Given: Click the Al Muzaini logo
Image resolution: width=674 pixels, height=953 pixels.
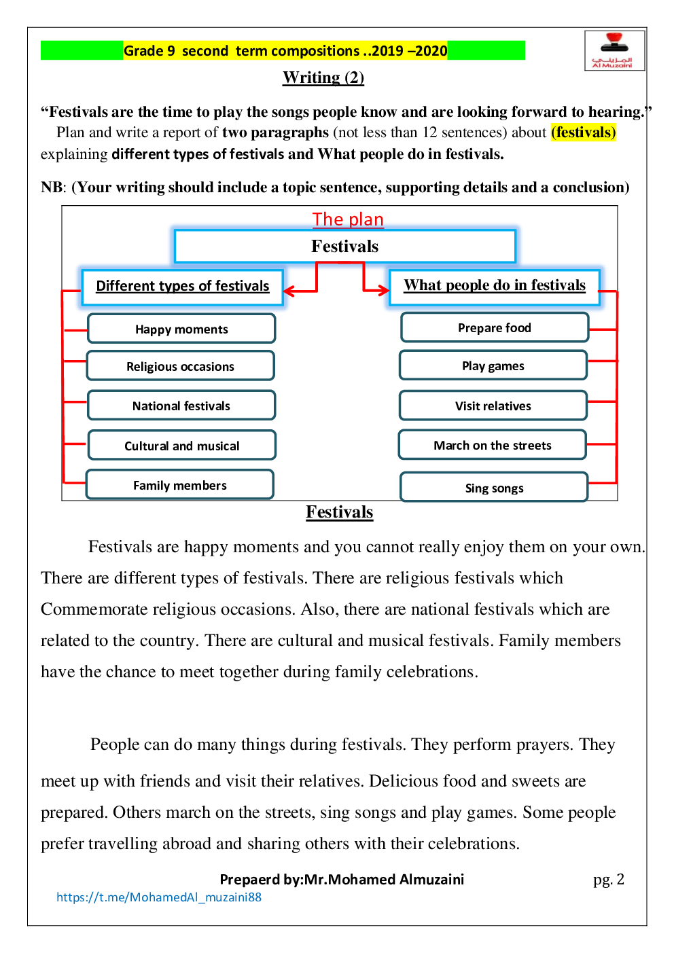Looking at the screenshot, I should coord(614,50).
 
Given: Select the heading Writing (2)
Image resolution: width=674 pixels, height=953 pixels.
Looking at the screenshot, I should coord(323,77).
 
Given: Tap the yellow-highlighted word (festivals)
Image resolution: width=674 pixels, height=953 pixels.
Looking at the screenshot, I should coord(584,132).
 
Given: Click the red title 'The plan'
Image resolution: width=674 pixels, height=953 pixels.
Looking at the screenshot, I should coord(348,219).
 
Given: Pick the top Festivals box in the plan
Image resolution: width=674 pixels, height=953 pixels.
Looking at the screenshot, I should coord(345,246).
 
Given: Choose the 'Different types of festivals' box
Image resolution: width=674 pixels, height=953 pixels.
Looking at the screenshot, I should coord(182,286).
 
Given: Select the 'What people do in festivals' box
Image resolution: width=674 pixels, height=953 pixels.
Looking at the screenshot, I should coord(494,285).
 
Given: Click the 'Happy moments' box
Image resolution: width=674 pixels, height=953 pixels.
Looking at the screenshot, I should coord(181,329).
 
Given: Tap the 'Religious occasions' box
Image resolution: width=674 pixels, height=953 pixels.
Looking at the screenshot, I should coord(180,366).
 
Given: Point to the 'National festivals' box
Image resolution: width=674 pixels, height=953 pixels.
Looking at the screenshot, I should coord(181,406).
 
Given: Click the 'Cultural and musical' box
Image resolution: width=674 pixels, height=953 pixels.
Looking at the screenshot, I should coord(181,446).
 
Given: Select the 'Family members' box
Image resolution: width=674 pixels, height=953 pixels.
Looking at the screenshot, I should coord(180,485).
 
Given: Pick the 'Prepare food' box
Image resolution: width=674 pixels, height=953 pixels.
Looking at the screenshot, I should coord(494,328).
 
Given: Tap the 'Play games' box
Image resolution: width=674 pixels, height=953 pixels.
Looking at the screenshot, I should coord(493,366).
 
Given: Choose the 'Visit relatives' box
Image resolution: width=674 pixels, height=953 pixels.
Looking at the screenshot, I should coord(493,406).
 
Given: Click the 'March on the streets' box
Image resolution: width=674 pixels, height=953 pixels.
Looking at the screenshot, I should coord(492,446).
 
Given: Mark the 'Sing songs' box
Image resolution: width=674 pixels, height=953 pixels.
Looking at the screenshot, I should coord(494,488).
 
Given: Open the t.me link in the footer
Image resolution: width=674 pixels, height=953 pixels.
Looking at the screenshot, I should coord(159,897).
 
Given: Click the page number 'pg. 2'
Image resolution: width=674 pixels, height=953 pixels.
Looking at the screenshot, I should coord(608,880).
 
